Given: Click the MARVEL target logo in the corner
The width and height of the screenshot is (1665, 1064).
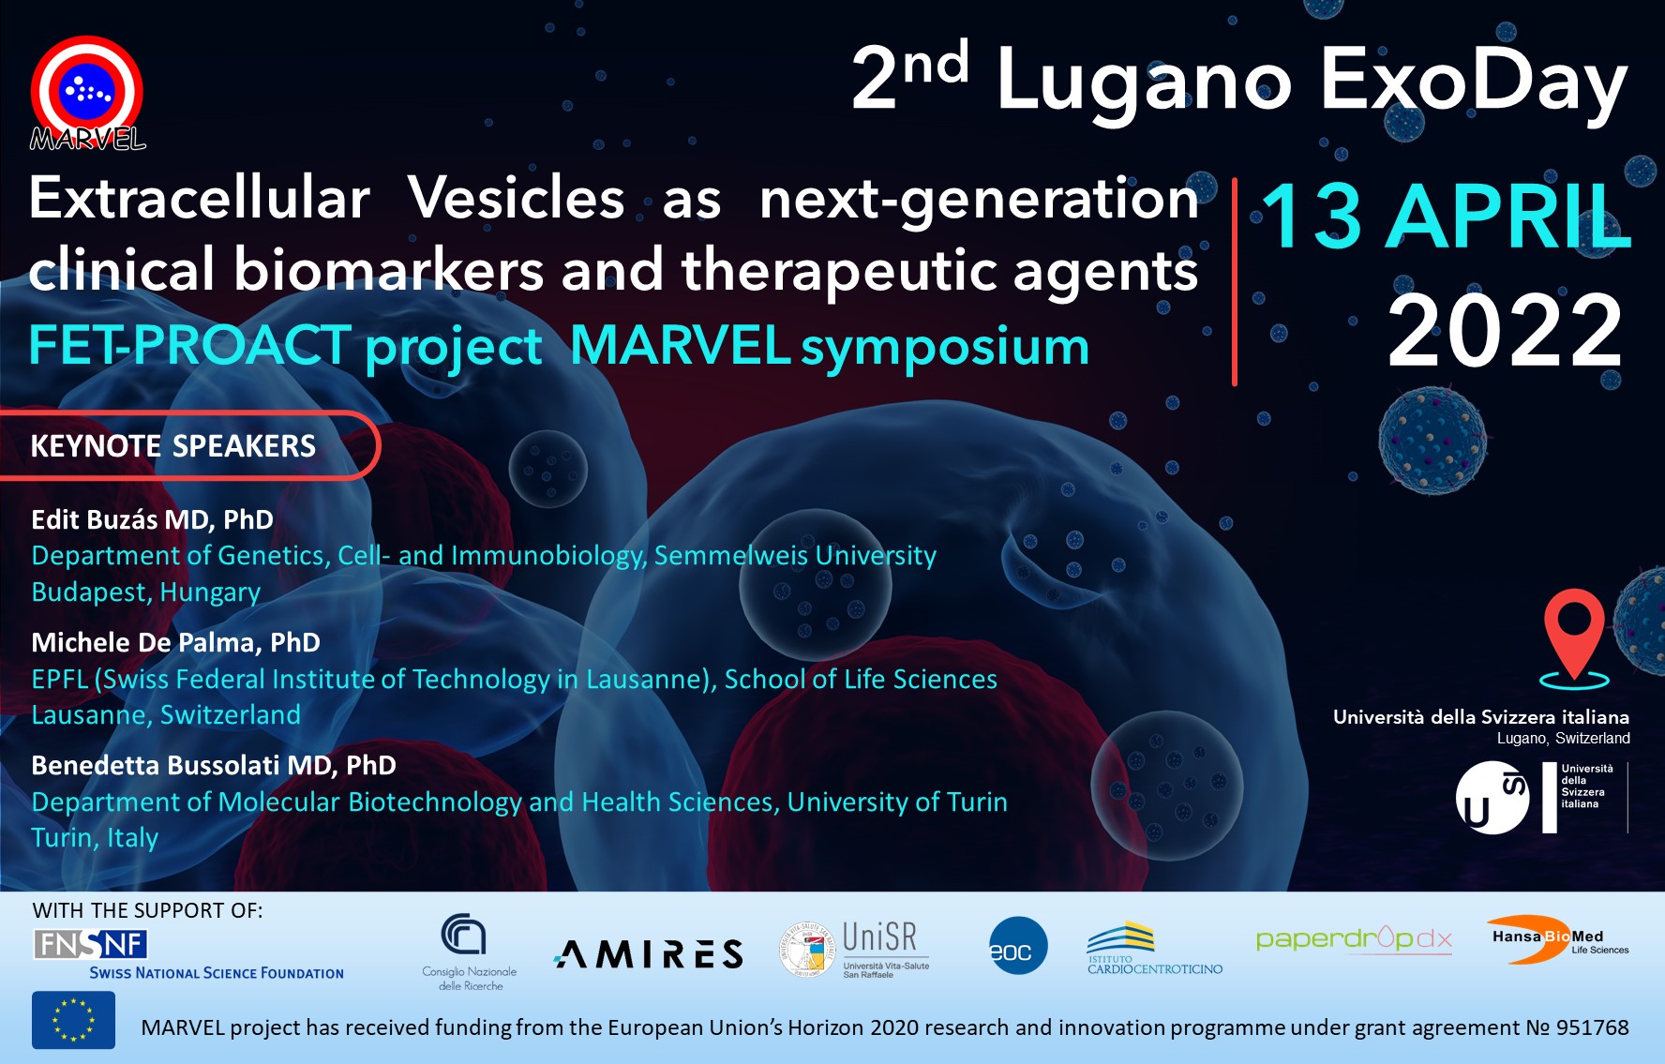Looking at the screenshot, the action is click(x=87, y=93).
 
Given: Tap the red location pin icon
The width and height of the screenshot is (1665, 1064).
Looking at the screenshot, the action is click(x=1574, y=632).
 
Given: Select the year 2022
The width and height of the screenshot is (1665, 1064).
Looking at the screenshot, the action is click(x=1506, y=330).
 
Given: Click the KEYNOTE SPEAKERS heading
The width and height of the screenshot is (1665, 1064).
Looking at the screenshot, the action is click(x=173, y=446).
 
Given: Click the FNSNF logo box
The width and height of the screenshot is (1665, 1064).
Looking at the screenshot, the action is click(x=90, y=944).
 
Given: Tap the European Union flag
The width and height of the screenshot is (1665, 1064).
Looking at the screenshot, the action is click(x=73, y=1020).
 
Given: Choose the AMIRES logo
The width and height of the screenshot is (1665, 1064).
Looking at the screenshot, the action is click(x=649, y=954).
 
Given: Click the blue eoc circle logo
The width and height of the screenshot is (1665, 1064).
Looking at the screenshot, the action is click(x=1017, y=946).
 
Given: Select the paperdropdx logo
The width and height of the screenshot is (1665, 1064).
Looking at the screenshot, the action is click(x=1354, y=938).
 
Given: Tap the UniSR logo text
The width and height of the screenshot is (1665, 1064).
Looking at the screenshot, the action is click(x=879, y=937).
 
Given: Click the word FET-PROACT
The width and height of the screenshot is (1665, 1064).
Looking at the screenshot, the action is click(x=190, y=345).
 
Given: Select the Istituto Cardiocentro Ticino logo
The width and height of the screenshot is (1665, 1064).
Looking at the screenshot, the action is click(x=1154, y=949).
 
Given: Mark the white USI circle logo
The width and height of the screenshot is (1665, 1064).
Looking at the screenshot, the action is click(x=1492, y=798).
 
